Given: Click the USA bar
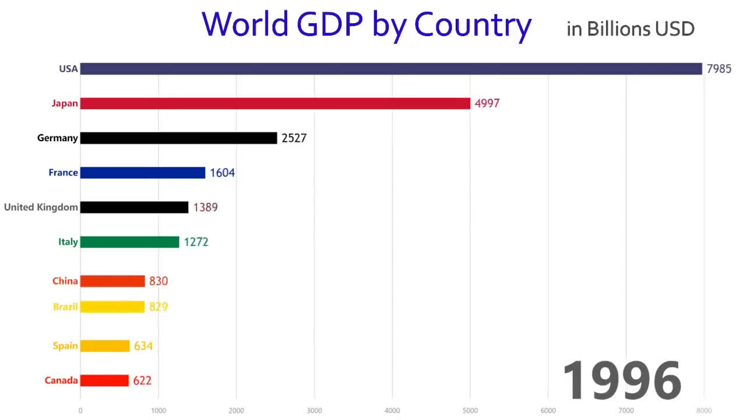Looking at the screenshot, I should click(390, 69).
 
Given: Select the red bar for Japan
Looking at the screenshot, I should click(275, 103).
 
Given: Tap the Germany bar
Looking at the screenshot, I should click(178, 138).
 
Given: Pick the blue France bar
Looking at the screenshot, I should click(143, 173).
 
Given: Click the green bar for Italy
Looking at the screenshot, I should click(129, 242).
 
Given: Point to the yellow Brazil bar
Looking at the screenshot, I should click(112, 307).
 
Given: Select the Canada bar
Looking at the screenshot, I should click(104, 380).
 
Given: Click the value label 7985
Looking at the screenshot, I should click(719, 69).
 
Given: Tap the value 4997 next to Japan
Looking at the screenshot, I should click(487, 104).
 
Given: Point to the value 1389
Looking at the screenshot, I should click(205, 207).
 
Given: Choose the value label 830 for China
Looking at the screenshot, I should click(159, 281).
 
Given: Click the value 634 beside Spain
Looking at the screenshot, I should click(143, 346).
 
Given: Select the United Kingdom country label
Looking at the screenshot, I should click(41, 207).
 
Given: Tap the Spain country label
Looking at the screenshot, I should click(65, 346).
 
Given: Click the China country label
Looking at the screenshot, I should click(65, 281).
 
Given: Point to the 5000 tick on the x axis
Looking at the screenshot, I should click(470, 411).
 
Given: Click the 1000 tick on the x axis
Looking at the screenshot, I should click(159, 411).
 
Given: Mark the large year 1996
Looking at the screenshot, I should click(622, 380).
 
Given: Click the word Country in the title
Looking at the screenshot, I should click(473, 24).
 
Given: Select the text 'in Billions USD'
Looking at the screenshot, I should click(631, 29).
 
